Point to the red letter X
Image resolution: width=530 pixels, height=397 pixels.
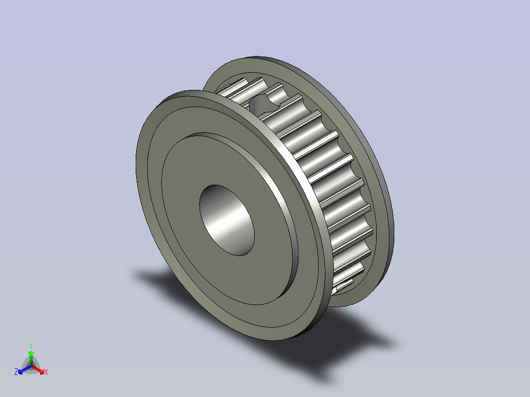coord(46,372)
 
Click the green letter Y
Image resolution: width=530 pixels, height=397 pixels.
coord(31,345)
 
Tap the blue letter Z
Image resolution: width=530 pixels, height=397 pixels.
coord(16,372)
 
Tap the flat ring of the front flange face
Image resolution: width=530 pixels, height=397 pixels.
coord(162,197)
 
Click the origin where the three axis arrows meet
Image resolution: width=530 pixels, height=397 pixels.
coord(31,366)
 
